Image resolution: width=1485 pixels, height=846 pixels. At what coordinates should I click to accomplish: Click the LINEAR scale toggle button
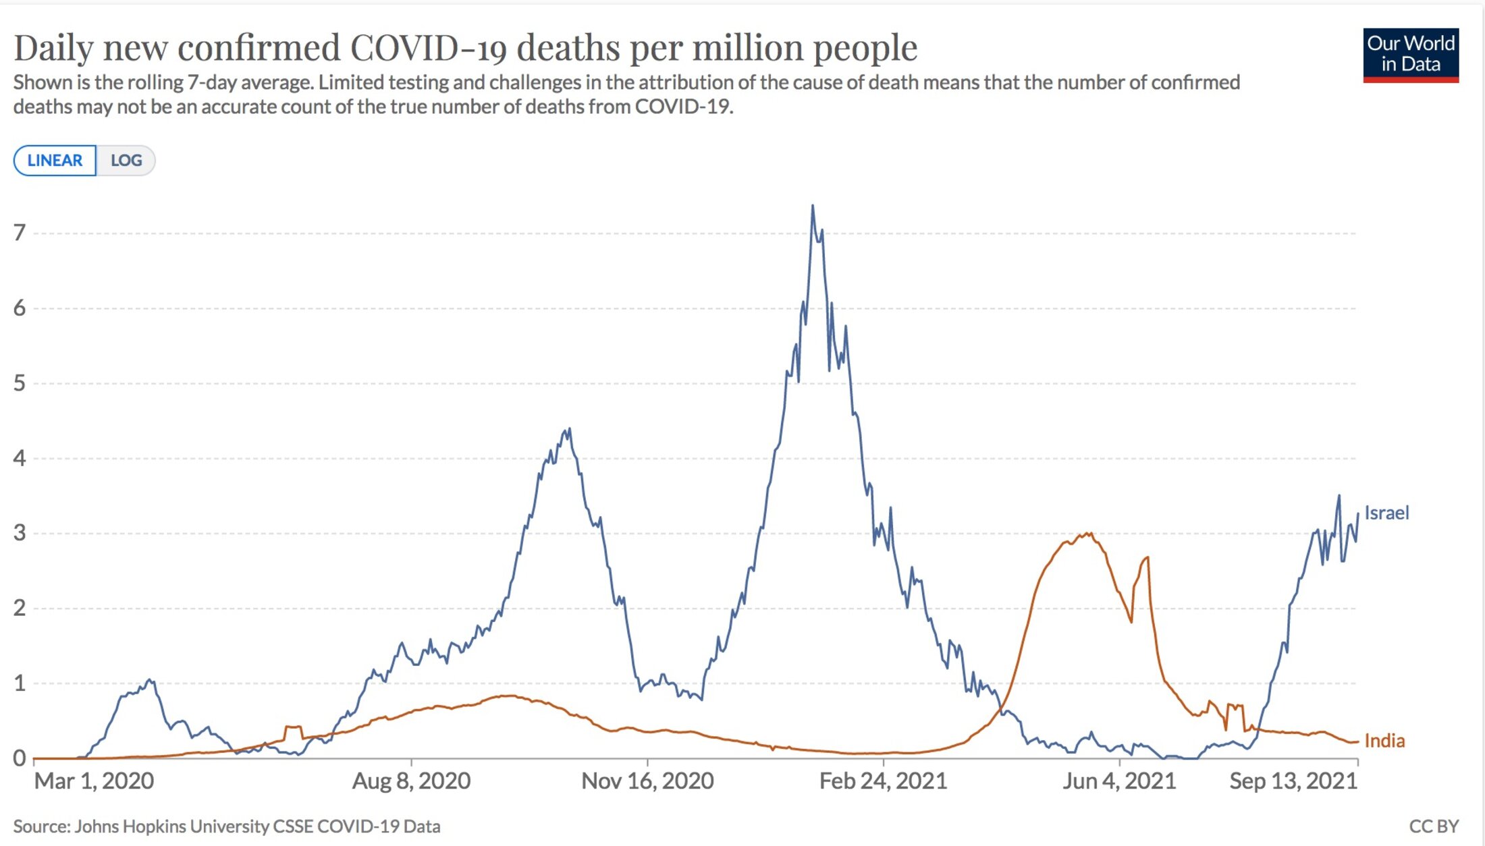tap(55, 161)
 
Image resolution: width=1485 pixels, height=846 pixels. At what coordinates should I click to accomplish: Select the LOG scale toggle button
tap(126, 161)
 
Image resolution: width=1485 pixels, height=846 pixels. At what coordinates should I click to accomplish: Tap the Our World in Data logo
tap(1410, 55)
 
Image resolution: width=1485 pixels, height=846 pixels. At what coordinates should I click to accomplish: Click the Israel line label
tap(1386, 513)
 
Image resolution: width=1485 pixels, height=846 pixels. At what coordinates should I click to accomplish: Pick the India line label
tap(1384, 741)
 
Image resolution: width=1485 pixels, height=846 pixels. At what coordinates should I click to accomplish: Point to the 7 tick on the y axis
tap(20, 233)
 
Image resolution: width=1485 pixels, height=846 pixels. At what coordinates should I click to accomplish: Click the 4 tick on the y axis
tap(20, 458)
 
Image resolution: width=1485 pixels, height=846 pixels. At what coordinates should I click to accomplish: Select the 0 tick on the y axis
tap(20, 758)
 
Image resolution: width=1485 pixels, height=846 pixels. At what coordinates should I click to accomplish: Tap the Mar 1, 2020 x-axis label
tap(94, 781)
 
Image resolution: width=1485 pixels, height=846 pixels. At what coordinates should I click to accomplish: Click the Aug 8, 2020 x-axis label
tap(411, 781)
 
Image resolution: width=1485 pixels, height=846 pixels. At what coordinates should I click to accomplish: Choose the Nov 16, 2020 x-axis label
tap(647, 781)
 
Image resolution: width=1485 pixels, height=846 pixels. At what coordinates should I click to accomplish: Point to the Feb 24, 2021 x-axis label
tap(883, 781)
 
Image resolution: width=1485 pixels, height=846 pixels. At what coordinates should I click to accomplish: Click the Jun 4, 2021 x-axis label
tap(1119, 781)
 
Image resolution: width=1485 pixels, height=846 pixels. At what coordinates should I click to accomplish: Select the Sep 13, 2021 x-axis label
tap(1293, 781)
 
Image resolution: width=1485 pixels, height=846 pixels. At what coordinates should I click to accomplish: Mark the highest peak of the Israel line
tap(812, 206)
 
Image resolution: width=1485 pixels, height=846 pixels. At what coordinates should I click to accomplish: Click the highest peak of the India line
tap(1089, 534)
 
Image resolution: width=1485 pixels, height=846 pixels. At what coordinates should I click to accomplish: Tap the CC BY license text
tap(1434, 826)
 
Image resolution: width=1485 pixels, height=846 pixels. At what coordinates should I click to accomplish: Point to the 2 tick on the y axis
tap(20, 608)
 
